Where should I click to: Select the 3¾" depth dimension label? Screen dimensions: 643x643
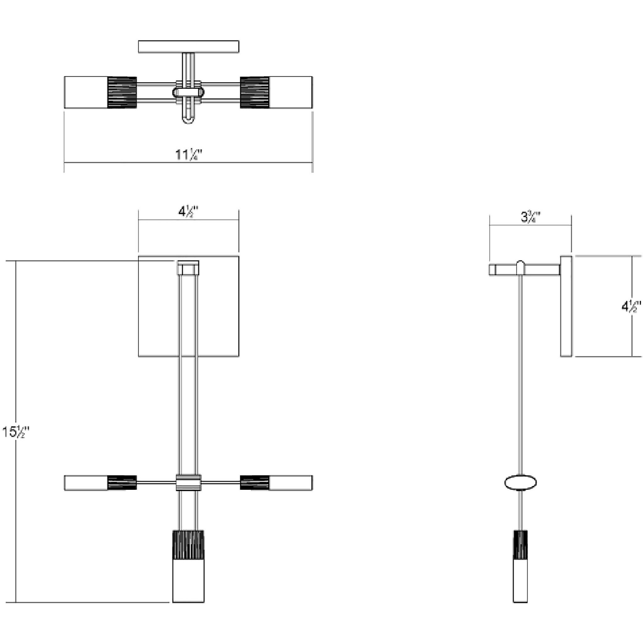click(530, 217)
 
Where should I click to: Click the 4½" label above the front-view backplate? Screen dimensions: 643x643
click(188, 212)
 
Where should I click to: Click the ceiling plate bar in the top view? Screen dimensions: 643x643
click(188, 46)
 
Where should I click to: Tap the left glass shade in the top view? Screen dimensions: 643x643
click(86, 92)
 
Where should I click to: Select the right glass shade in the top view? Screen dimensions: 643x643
click(290, 92)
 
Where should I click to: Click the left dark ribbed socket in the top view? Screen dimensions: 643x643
click(122, 92)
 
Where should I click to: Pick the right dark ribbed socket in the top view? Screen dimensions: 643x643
click(255, 92)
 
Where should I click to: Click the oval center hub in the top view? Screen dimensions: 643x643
click(188, 92)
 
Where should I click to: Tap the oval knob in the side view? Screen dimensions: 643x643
click(521, 482)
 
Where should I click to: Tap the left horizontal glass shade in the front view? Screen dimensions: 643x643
click(86, 483)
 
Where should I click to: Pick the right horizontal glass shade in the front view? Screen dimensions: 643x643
click(290, 483)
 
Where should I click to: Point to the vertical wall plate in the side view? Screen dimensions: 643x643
click(566, 306)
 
